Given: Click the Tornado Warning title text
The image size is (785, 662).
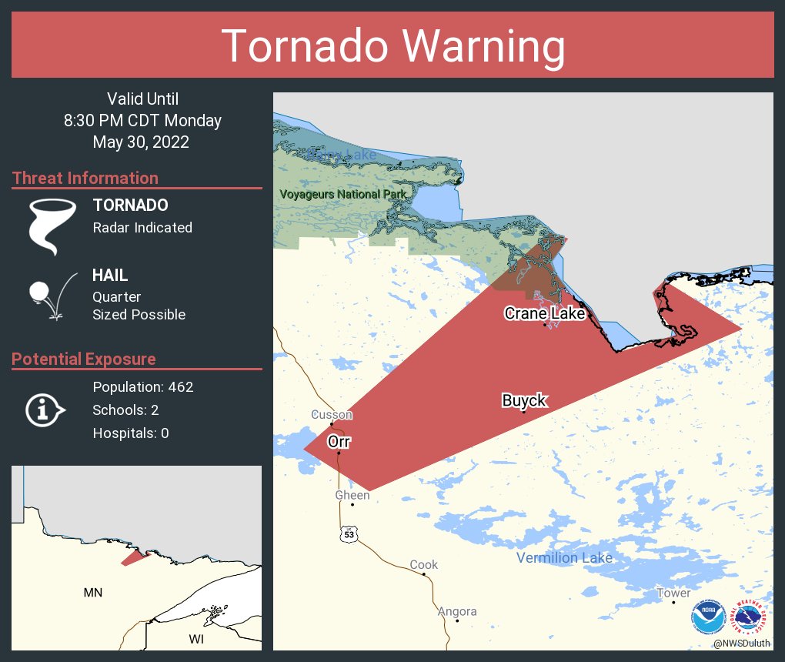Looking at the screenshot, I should pos(393,46).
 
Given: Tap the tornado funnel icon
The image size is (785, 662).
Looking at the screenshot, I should pos(52,226).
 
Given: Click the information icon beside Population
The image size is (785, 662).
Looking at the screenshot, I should pos(45,410).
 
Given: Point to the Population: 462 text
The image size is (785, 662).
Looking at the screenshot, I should pos(142,386).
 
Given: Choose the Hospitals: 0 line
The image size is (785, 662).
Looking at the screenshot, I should pos(130,433).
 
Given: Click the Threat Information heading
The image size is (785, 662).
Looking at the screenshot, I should pos(85,179).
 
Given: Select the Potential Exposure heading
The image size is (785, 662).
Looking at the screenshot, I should pos(84,359).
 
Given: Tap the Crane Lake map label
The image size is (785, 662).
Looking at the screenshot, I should pos(544,313).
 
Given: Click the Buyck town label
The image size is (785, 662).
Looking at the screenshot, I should pos(523,400).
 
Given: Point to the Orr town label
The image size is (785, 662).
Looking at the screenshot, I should pos(339,442).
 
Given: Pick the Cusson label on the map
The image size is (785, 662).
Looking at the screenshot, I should pos(332,415).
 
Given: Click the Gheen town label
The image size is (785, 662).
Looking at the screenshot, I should pos(352,495).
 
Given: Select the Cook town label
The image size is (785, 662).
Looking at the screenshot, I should pos(423,564).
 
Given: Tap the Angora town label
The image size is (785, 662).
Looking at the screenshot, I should pos(457,611).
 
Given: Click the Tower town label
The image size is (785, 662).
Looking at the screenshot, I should pos(673,593).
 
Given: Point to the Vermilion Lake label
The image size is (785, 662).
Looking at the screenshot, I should pos(564,557).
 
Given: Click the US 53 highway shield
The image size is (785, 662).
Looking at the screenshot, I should pos(350,533).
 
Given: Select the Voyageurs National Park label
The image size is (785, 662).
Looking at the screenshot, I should pos(342,194).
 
